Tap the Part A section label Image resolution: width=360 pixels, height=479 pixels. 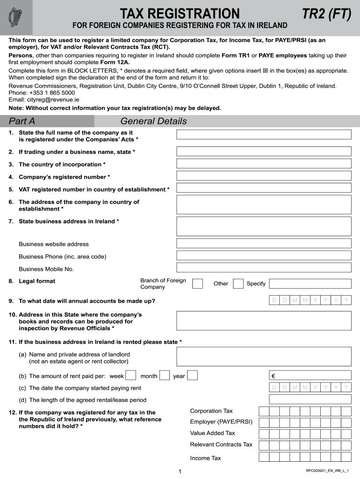click(22, 122)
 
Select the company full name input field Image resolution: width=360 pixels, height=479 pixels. click(264, 135)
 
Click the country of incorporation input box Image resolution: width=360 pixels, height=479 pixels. click(264, 164)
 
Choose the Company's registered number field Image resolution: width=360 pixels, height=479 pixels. click(264, 176)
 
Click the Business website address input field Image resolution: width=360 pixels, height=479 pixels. click(264, 243)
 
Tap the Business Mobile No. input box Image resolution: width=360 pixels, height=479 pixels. click(264, 268)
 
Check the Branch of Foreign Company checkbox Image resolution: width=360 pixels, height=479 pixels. click(198, 283)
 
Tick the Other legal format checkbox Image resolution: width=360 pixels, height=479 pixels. click(238, 283)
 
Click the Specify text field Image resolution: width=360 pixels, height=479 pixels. click(310, 283)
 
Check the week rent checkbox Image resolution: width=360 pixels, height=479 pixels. click(131, 375)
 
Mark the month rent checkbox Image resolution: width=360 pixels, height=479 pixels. click(165, 375)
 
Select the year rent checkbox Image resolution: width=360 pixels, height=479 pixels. click(192, 375)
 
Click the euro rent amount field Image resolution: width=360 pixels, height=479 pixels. click(310, 375)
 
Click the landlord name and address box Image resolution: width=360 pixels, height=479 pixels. click(264, 357)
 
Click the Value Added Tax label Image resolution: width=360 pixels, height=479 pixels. click(213, 433)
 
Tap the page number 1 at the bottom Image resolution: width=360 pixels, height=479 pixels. click(180, 472)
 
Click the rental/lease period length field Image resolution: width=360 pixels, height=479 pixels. click(310, 399)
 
